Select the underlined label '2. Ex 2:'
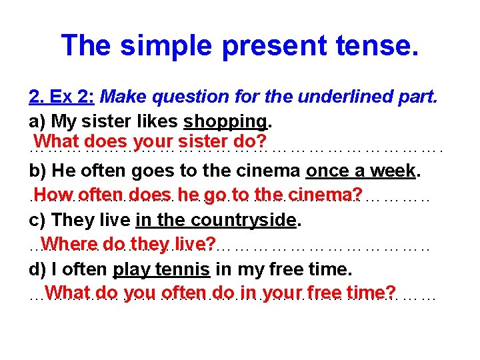[61, 97]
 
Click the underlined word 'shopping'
[226, 121]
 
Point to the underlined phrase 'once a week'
[361, 171]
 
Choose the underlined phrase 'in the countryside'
[215, 220]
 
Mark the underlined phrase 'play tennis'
[162, 269]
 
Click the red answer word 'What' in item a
[57, 142]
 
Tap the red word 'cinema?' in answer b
[327, 195]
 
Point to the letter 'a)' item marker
[37, 121]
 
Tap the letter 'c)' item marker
[37, 220]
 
